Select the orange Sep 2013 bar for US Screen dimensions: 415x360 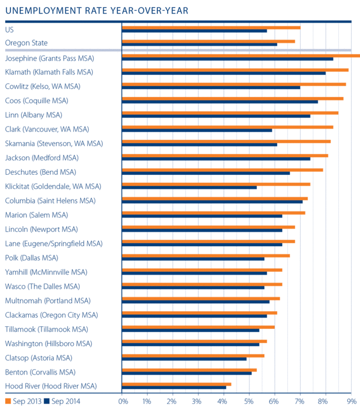pos(211,27)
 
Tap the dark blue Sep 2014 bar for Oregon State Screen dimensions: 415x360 pos(199,45)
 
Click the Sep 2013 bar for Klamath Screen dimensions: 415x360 pos(235,70)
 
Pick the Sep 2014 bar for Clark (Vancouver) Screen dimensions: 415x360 pos(197,130)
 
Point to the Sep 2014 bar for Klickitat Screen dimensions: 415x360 pos(189,187)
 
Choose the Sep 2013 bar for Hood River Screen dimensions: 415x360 pos(176,384)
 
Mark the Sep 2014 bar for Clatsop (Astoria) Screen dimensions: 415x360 pos(184,359)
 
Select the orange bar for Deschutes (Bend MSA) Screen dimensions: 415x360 pos(222,170)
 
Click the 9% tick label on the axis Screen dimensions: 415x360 pos(351,402)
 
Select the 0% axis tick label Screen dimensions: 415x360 pos(123,402)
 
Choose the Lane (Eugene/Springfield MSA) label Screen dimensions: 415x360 pos(54,244)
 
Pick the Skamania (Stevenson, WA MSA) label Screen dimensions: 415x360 pos(54,143)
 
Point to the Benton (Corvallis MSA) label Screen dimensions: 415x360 pos(40,372)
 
